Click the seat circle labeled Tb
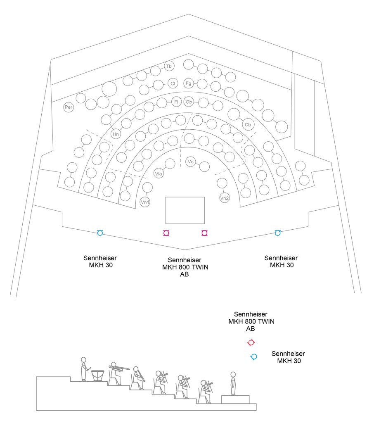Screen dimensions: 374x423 point(169,66)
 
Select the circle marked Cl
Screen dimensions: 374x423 point(173,83)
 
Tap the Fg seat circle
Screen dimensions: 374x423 point(189,83)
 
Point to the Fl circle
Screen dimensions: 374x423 point(176,102)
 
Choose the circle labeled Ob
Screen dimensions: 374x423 point(189,102)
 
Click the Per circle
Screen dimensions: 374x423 point(69,107)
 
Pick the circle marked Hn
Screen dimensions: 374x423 point(116,134)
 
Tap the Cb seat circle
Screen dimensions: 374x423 point(248,125)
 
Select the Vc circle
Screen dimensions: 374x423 point(191,162)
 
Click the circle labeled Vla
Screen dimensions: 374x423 point(159,173)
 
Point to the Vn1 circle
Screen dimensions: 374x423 point(145,202)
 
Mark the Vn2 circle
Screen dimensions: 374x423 point(224,198)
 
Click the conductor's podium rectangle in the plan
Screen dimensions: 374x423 point(185,210)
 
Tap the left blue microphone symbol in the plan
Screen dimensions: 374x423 point(100,233)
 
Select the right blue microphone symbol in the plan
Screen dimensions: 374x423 point(277,233)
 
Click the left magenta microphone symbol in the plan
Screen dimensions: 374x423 point(166,233)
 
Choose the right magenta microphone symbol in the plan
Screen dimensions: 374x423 point(205,233)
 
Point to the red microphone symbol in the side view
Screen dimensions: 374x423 point(251,342)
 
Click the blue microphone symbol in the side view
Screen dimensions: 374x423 point(254,357)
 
